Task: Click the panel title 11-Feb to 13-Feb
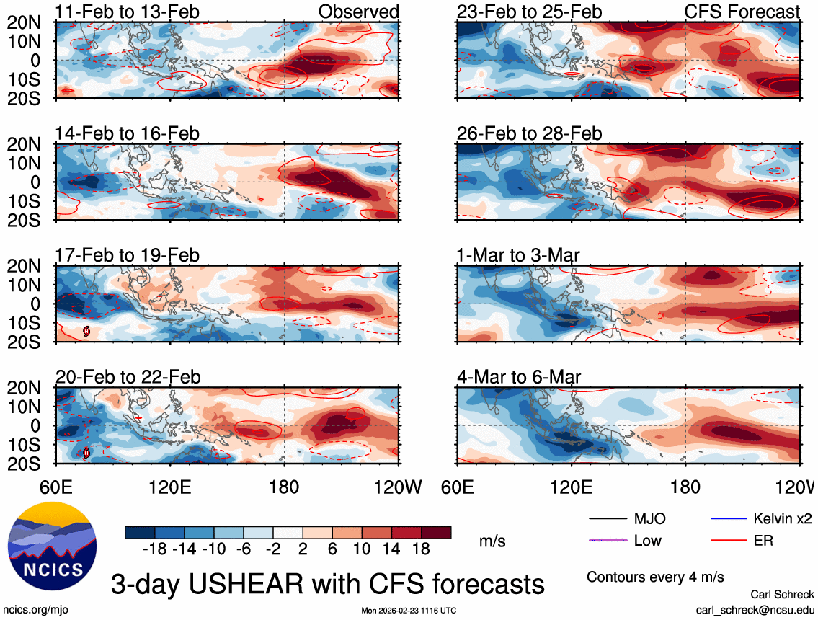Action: tap(128, 12)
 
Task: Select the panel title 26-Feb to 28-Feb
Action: tap(529, 134)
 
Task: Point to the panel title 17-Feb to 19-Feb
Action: tap(128, 256)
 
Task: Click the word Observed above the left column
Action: tap(358, 12)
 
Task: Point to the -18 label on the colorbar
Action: tap(155, 549)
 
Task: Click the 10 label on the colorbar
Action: tap(363, 549)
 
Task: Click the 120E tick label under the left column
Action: tap(170, 487)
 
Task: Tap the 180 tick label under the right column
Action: tap(685, 487)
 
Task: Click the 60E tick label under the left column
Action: tap(57, 487)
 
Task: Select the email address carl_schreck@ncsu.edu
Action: tap(755, 609)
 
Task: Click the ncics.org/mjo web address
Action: tap(30, 609)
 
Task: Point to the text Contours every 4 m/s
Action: tap(655, 577)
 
